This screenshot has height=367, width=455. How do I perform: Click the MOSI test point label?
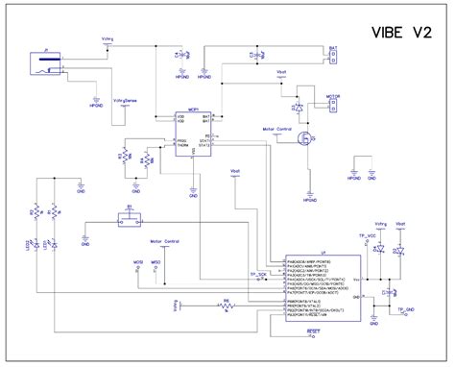(x=138, y=260)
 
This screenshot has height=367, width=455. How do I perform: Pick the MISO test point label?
(x=156, y=260)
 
